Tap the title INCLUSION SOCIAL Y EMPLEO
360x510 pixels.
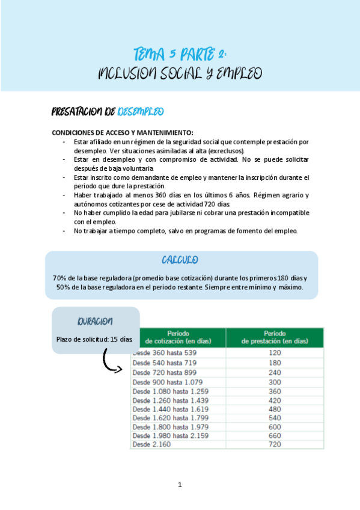[x=180, y=74]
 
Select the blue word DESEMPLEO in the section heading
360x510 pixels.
[x=141, y=112]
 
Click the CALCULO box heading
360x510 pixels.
[x=180, y=260]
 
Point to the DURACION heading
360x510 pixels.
[x=95, y=321]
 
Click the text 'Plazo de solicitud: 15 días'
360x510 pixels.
[x=94, y=339]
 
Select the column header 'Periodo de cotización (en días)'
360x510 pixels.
[x=179, y=337]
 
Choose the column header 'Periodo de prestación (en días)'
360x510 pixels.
[x=274, y=337]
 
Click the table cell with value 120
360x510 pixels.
[x=274, y=353]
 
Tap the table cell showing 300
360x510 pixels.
[x=274, y=382]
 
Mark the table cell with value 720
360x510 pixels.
[x=274, y=444]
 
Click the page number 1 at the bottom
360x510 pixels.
[x=180, y=485]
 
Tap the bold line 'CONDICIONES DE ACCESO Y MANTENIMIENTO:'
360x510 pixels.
[x=123, y=132]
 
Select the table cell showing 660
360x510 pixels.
[x=274, y=435]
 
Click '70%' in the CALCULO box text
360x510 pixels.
[x=60, y=278]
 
